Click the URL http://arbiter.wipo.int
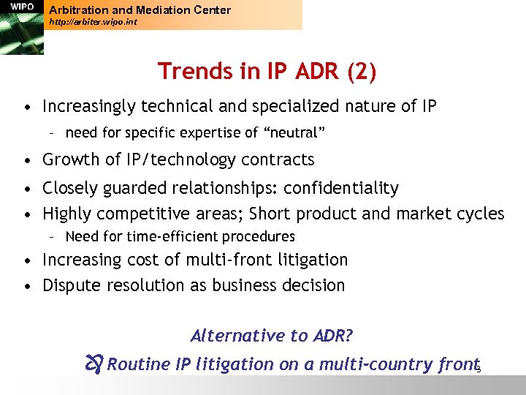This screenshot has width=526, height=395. [x=92, y=23]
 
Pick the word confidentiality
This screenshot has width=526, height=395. [x=341, y=188]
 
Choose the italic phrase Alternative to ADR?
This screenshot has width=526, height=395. [x=272, y=336]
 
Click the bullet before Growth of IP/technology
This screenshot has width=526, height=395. [x=26, y=160]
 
